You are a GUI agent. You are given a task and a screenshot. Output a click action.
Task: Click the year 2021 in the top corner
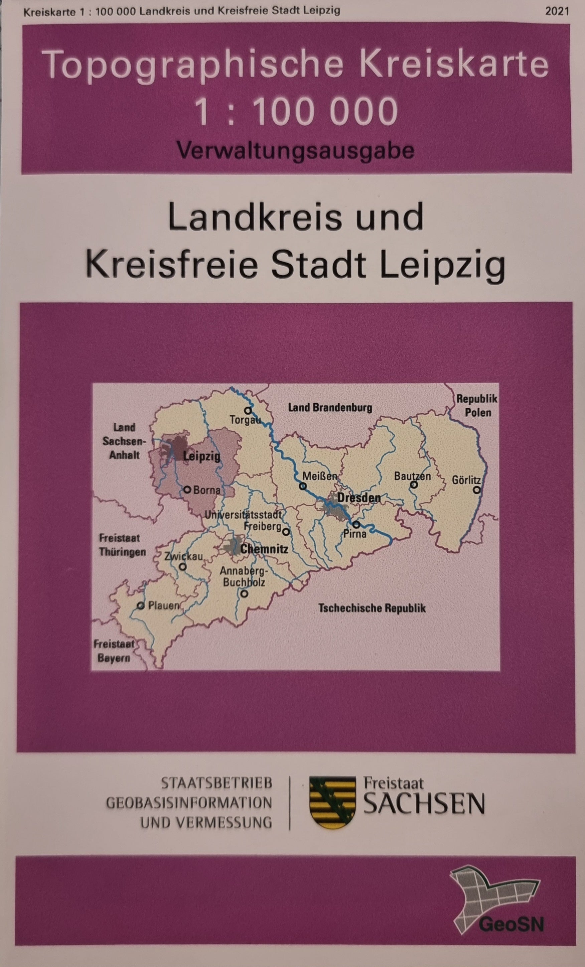pos(557,11)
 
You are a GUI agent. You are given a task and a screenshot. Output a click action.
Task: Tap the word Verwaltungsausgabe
pos(295,150)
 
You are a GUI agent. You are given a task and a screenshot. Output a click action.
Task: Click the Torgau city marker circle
pos(248,411)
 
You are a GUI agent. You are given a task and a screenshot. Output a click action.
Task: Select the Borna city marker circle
pos(187,490)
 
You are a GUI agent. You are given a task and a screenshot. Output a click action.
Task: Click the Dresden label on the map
pos(358,498)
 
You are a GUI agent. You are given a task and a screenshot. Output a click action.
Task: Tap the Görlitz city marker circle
pos(476,490)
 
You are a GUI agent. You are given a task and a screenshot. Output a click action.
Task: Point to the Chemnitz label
pos(264,549)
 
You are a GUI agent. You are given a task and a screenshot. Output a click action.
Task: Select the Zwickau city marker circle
pos(182,567)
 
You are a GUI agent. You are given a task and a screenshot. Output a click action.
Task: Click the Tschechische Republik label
pos(372,608)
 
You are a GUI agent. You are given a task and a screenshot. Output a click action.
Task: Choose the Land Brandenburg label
pos(330,407)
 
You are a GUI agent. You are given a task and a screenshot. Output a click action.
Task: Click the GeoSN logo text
pos(511,924)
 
